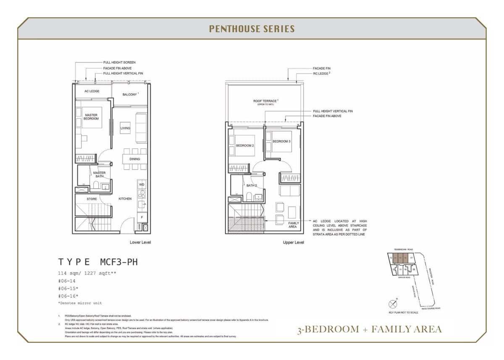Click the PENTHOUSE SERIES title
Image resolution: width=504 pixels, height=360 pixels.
coord(252,29)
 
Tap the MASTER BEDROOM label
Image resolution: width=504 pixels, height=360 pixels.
coord(91,117)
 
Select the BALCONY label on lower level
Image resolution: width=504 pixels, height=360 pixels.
coord(130,95)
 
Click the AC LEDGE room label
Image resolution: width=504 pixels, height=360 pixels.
coord(92,91)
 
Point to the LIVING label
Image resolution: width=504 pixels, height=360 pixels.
coord(125,128)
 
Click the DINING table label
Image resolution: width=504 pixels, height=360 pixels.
coord(134,159)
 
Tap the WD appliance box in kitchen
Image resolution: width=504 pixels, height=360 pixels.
coord(142,184)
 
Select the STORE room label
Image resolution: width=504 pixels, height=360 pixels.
coord(92,199)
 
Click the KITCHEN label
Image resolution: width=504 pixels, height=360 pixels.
coord(125,199)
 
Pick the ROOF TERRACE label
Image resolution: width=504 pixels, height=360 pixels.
coord(265,101)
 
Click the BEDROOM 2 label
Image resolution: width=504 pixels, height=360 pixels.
coord(244,145)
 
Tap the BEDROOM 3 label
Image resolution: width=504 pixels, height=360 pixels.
coord(281,141)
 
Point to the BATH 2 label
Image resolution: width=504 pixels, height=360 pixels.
coord(252,185)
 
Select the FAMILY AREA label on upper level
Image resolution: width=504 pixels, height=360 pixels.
coord(293,225)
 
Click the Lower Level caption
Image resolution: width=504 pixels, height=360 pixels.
coord(140,242)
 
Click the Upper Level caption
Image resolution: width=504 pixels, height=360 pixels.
coord(293,242)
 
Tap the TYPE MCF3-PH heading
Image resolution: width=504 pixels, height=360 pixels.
coord(98,262)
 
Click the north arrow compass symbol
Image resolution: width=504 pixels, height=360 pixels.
coord(393,303)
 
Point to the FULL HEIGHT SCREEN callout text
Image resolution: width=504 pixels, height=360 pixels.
coord(119,62)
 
